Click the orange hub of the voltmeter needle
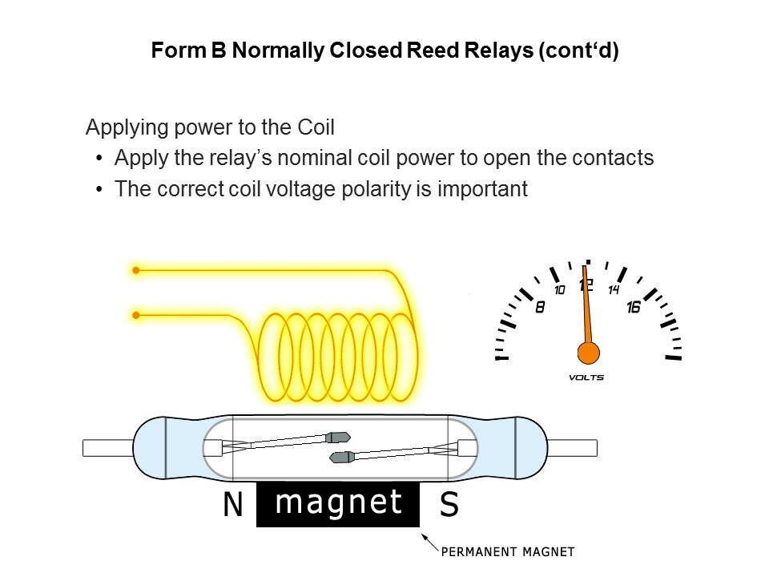point(589,352)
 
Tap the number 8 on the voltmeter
point(540,307)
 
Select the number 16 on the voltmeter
point(633,307)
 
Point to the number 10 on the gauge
point(560,289)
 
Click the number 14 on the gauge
point(614,289)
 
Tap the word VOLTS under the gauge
point(586,377)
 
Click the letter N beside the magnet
point(232,505)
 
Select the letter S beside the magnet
point(449,505)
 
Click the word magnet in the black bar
point(338,502)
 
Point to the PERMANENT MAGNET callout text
point(509,551)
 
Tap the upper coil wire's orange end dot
point(136,271)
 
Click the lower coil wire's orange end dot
point(136,315)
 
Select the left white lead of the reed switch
point(107,447)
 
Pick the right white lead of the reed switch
point(572,447)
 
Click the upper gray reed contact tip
point(338,438)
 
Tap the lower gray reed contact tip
point(343,457)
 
